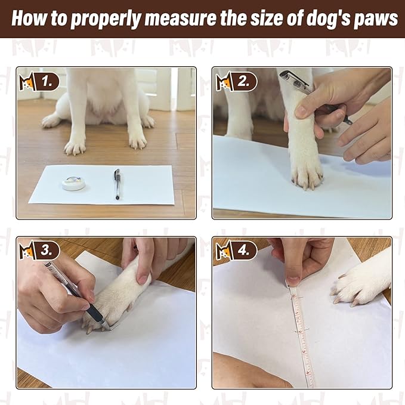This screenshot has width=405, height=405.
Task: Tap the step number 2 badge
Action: click(243, 82)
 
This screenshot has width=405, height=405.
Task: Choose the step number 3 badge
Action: click(48, 249)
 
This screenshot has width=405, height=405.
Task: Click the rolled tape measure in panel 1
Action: click(73, 183)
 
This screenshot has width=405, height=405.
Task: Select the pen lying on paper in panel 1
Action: click(117, 183)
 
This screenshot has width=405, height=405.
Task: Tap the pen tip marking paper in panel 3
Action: click(106, 326)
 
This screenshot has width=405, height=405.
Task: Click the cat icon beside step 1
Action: click(27, 81)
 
